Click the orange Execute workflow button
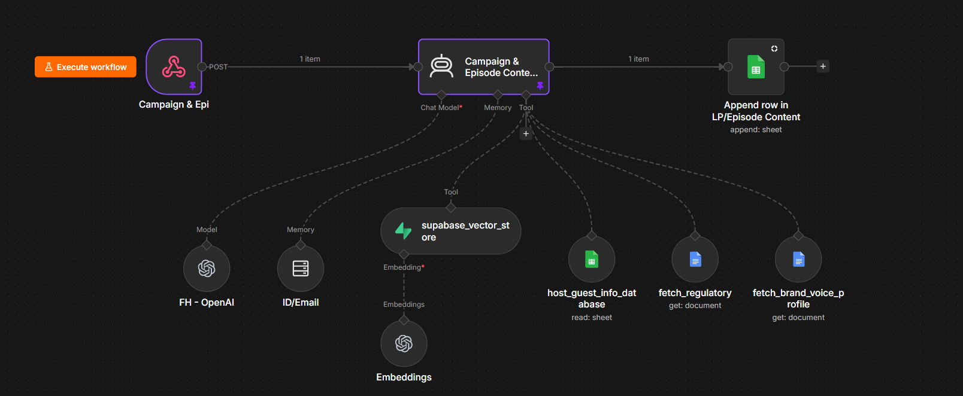click(86, 67)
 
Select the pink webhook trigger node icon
click(174, 66)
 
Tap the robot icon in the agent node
click(441, 66)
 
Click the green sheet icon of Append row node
click(756, 66)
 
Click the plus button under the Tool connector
click(526, 133)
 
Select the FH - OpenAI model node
click(207, 269)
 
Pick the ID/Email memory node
click(301, 269)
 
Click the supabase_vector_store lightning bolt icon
click(403, 231)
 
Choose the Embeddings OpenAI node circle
click(404, 343)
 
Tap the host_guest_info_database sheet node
click(592, 260)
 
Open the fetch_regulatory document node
click(695, 260)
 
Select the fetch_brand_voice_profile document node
click(798, 260)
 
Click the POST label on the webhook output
click(218, 67)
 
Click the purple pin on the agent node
click(540, 86)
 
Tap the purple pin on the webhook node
click(193, 86)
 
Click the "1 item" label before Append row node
click(638, 59)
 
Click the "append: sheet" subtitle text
click(756, 130)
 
